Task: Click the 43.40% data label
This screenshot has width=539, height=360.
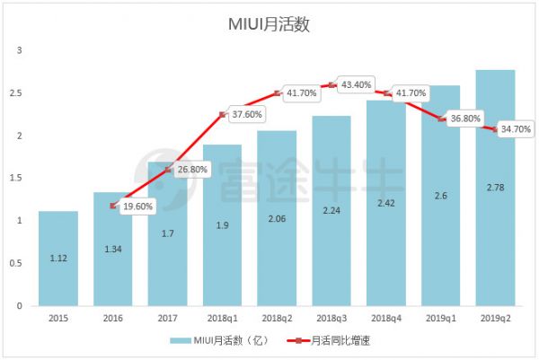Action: pyautogui.click(x=358, y=84)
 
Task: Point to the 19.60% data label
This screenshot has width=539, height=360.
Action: pyautogui.click(x=138, y=204)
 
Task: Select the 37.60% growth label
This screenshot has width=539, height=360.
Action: pyautogui.click(x=248, y=114)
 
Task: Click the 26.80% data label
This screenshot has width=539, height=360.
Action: pyautogui.click(x=193, y=169)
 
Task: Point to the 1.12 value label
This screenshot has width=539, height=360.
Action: pyautogui.click(x=58, y=259)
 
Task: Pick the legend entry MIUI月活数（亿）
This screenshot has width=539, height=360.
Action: pyautogui.click(x=221, y=341)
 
